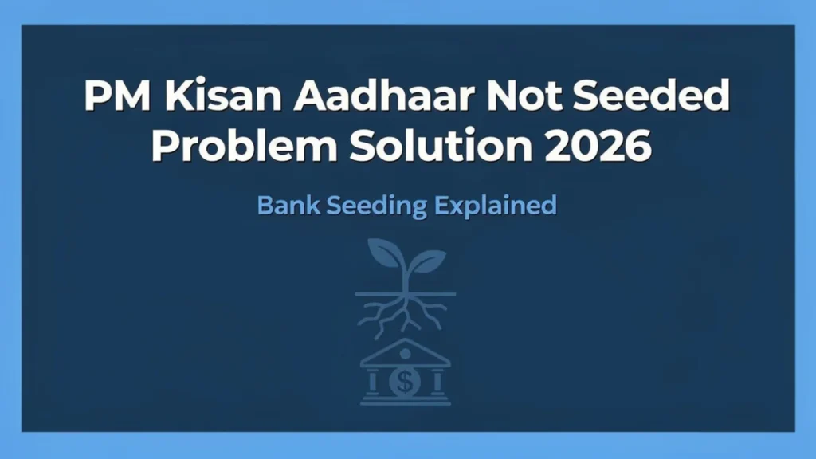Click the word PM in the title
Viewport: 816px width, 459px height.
coord(111,97)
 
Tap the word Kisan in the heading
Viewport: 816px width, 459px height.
coord(204,97)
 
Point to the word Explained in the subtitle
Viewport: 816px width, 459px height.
coord(495,206)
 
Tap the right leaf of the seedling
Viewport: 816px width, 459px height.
coord(427,260)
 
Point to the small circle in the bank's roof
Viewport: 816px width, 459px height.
coord(406,352)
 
